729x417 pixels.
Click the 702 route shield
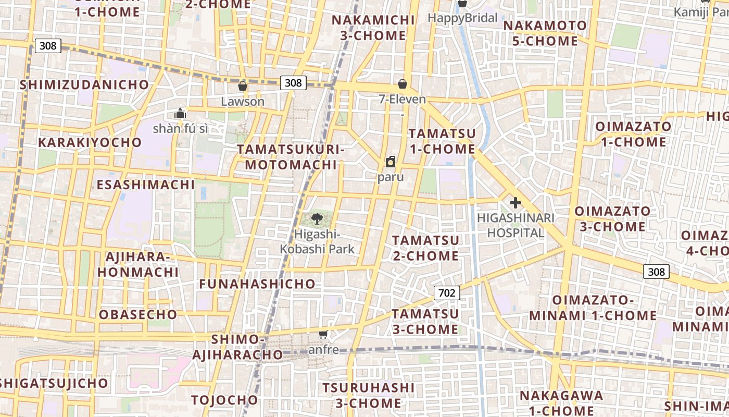[447, 293]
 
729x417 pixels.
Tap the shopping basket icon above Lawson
[242, 86]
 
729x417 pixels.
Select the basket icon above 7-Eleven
[402, 84]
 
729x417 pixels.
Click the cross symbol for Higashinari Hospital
[516, 203]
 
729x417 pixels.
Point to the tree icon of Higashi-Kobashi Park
[317, 219]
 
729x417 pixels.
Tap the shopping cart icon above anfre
[323, 334]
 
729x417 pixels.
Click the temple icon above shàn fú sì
[180, 113]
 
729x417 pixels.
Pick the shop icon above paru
[391, 162]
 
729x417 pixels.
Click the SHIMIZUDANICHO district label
[84, 84]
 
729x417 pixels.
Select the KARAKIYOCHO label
[90, 142]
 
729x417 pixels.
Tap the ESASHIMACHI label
[146, 185]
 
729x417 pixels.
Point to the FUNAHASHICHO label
[257, 284]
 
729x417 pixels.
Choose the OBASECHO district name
[138, 315]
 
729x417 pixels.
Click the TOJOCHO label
[224, 400]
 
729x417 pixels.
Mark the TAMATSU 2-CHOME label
[425, 248]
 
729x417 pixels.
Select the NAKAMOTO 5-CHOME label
[545, 33]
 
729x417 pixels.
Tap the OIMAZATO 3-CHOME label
[612, 219]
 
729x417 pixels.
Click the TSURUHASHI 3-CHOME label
[369, 396]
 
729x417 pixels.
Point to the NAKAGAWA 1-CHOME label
[561, 403]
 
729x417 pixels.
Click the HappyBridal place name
[462, 18]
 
